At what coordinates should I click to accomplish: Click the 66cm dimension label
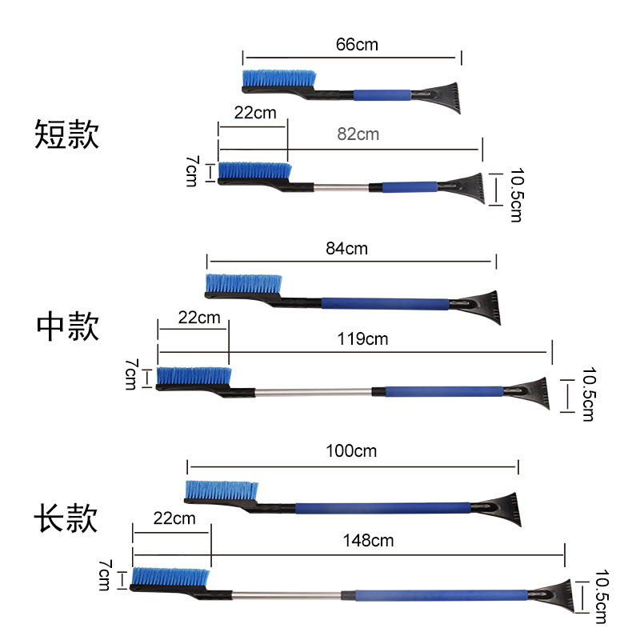(x=357, y=45)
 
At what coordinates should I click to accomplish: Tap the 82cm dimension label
(x=358, y=134)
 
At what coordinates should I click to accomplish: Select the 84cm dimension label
(x=346, y=248)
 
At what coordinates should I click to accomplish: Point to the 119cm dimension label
(x=362, y=338)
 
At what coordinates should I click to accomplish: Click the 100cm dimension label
(x=351, y=451)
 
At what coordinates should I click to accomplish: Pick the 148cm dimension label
(x=368, y=541)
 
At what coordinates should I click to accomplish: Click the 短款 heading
(x=66, y=134)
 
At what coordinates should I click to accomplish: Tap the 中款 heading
(x=68, y=326)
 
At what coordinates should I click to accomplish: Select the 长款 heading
(x=66, y=518)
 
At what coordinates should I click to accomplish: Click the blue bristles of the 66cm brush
(x=279, y=78)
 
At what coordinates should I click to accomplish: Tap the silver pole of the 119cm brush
(x=313, y=393)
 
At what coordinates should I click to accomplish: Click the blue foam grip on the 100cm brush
(x=383, y=508)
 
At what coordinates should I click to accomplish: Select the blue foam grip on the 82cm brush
(x=410, y=187)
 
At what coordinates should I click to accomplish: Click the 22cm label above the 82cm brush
(x=255, y=113)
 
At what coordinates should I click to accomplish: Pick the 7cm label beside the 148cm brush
(x=105, y=575)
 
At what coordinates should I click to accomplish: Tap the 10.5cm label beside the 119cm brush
(x=589, y=394)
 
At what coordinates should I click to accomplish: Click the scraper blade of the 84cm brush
(x=479, y=307)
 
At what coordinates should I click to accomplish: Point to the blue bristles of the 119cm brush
(x=194, y=376)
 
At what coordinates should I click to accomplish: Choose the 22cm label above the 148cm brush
(x=174, y=518)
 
